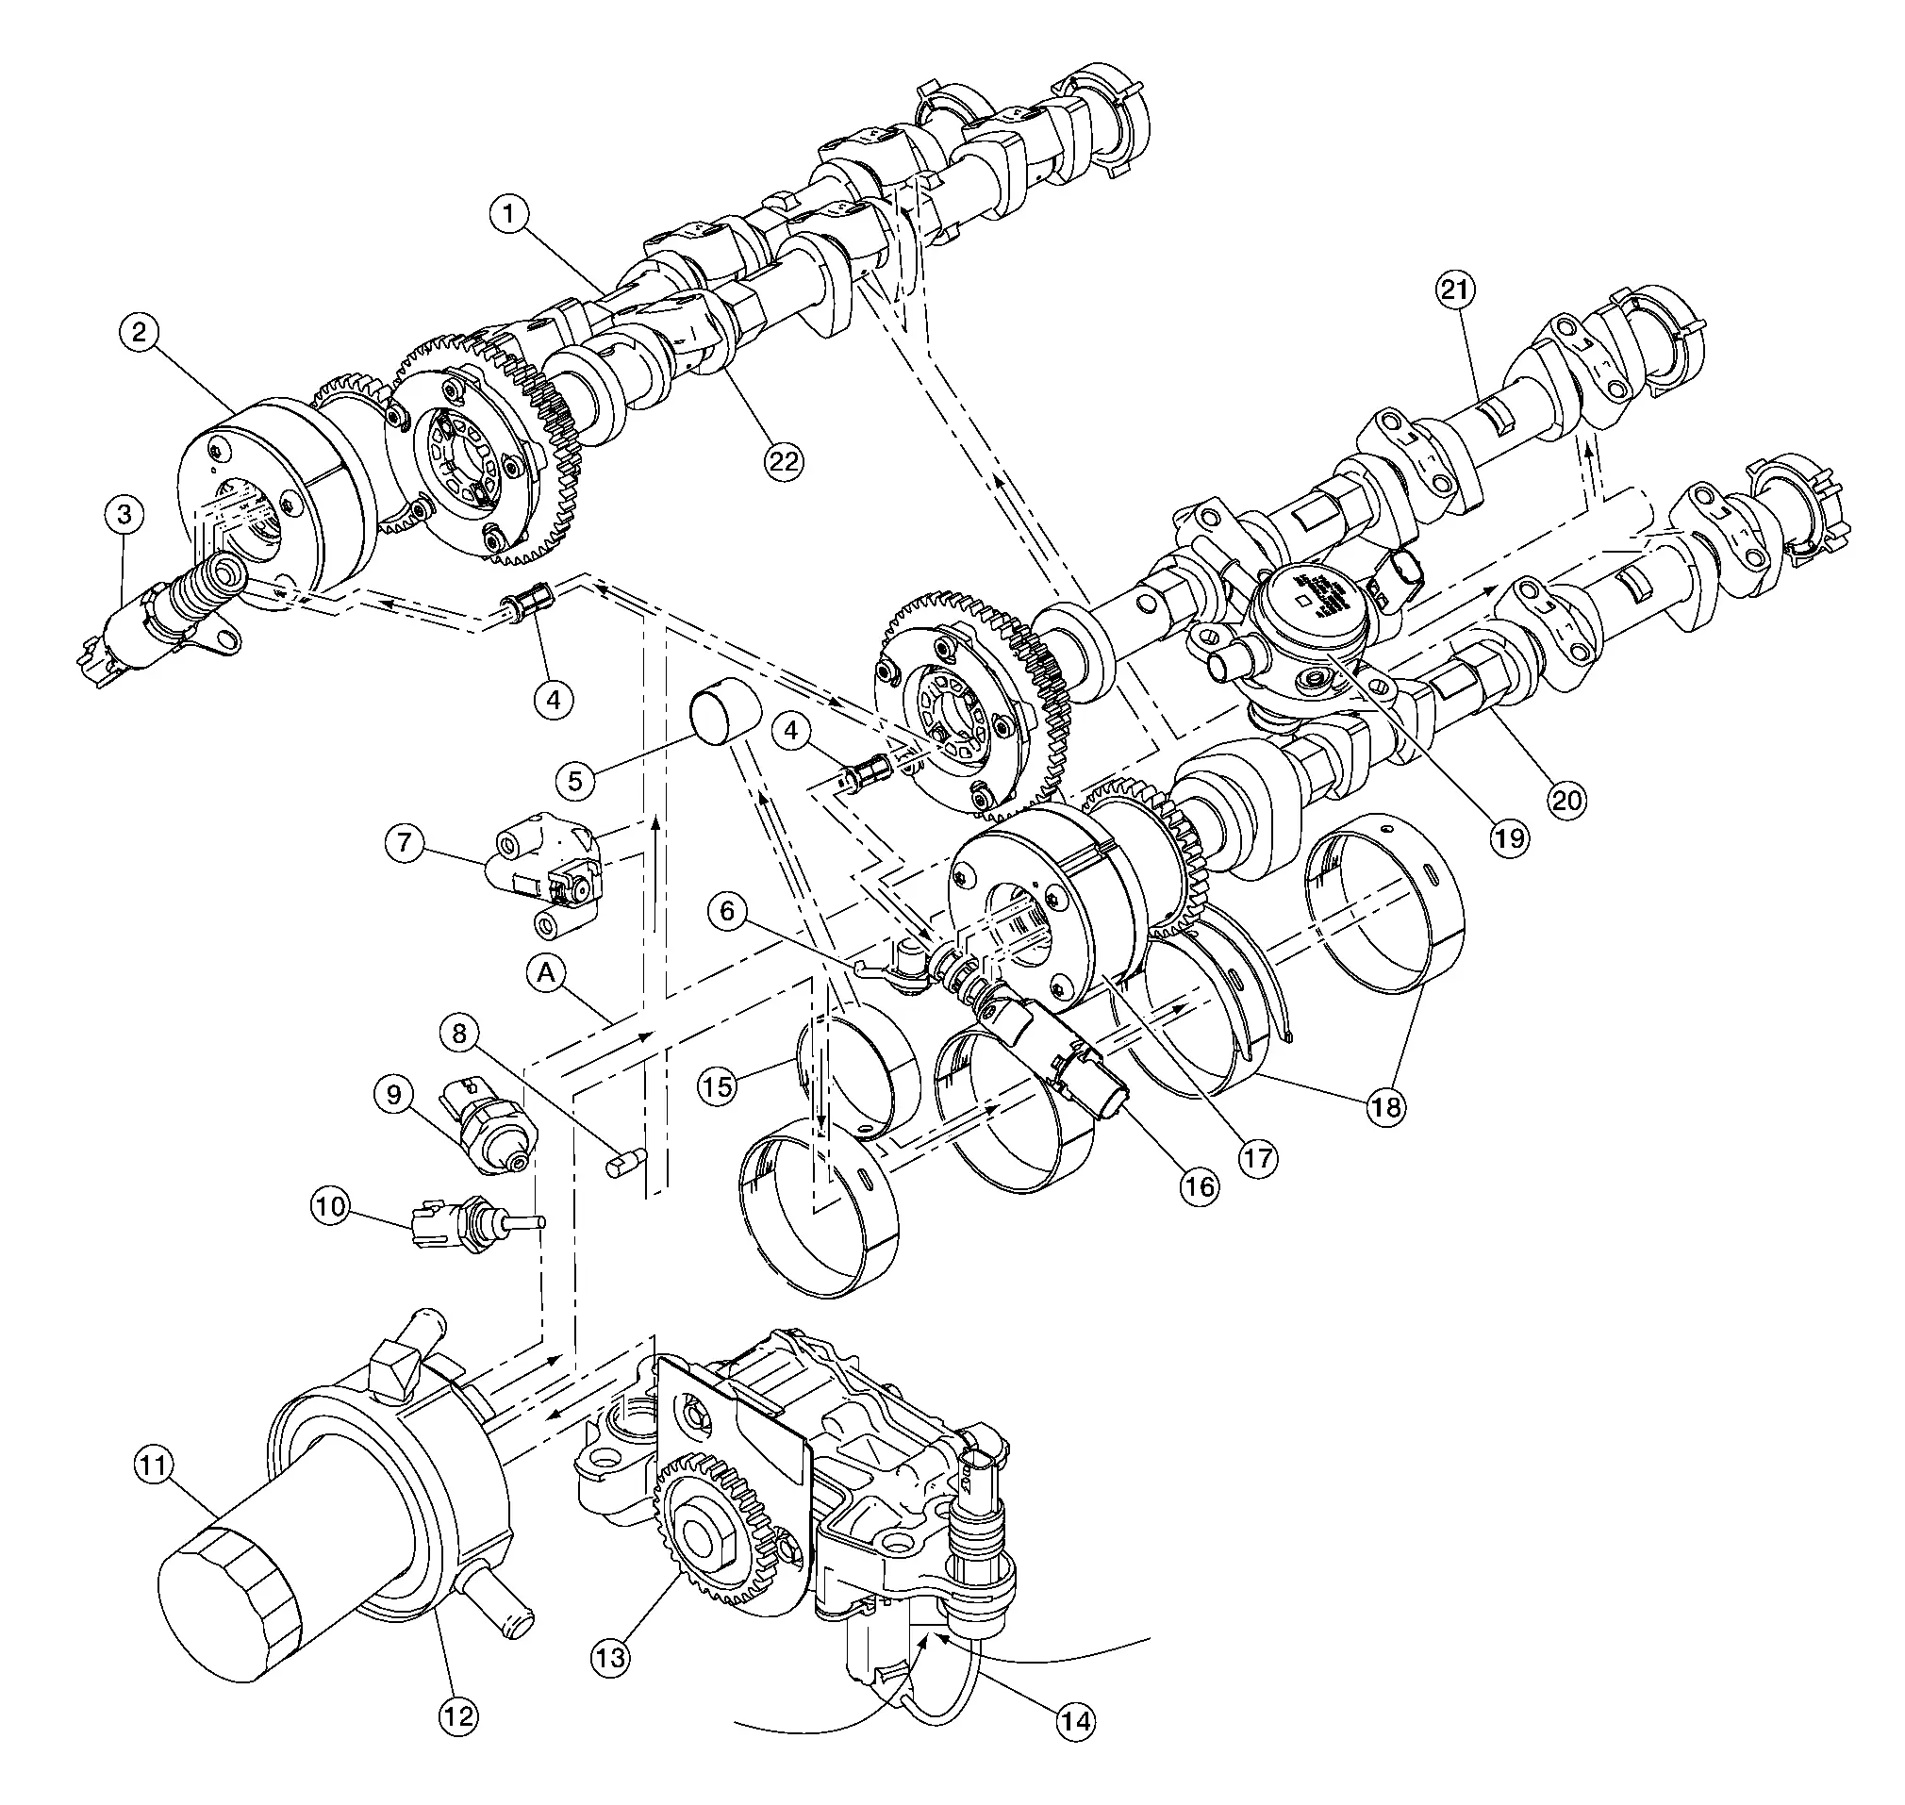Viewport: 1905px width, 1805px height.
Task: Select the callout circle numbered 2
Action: [x=141, y=333]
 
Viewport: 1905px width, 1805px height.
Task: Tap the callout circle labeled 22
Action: [x=783, y=461]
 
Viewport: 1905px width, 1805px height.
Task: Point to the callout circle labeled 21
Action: [x=1457, y=290]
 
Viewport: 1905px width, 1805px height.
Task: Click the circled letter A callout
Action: [x=546, y=973]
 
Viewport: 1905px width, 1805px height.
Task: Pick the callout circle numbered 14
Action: [x=1077, y=1720]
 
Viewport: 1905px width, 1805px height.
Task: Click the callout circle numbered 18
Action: [x=1385, y=1106]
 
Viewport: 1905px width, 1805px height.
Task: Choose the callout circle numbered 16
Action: [x=1199, y=1186]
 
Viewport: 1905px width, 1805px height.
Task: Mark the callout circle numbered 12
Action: [x=459, y=1715]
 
